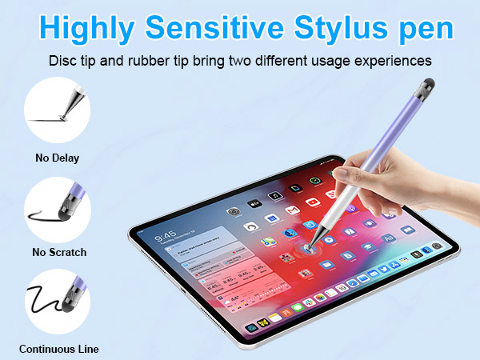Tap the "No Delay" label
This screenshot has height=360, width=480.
point(57,158)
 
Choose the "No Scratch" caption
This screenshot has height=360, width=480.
point(59,252)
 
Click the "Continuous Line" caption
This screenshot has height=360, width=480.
point(59,348)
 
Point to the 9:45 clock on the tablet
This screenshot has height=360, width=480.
point(165,238)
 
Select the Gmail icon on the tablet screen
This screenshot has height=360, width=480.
point(293,210)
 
